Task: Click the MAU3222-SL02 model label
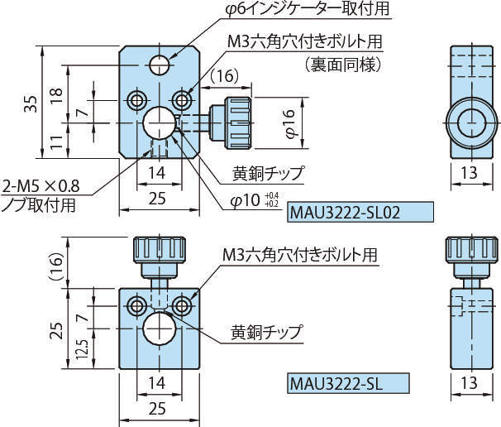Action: pos(360,213)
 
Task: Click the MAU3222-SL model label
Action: pos(347,384)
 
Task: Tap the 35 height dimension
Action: pos(31,103)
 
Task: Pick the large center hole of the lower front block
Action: pos(159,330)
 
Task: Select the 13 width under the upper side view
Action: pos(468,174)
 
